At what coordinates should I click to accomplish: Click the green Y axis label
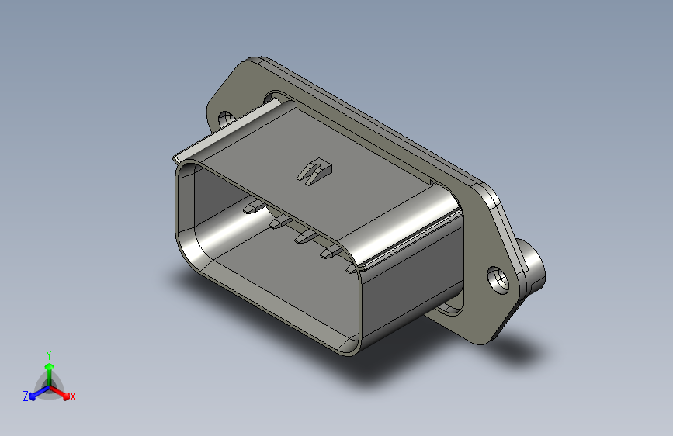[x=48, y=354]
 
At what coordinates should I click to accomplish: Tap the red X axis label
[x=73, y=396]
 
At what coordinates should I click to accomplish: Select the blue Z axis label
[x=26, y=396]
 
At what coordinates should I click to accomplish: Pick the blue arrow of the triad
[x=36, y=392]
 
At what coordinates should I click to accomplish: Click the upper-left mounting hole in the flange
[x=227, y=119]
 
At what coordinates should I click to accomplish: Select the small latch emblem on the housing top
[x=313, y=171]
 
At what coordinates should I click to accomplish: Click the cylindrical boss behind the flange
[x=534, y=266]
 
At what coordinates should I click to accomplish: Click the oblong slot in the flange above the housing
[x=276, y=97]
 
